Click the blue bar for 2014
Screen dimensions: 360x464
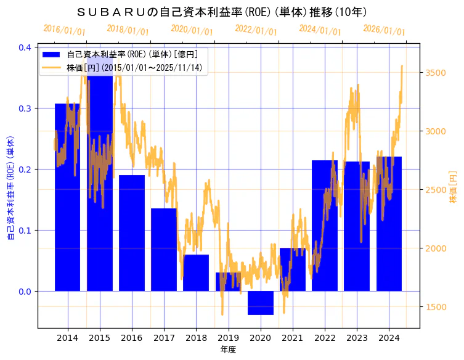coord(67,197)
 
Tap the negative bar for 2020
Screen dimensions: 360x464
coord(260,303)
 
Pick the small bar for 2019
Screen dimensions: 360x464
coord(228,282)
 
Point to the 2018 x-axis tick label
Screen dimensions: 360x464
coord(196,338)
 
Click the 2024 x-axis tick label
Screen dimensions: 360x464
coord(389,338)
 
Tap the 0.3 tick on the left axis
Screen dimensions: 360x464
coord(25,108)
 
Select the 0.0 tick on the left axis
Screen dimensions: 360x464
coord(25,292)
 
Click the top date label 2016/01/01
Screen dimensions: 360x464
coord(65,30)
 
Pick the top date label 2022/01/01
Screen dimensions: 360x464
coord(256,30)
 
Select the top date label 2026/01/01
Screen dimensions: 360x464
coord(385,30)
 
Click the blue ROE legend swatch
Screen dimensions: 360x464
coord(52,54)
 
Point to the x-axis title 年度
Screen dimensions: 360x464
coord(228,350)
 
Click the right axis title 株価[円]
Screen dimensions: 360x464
coord(454,187)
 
